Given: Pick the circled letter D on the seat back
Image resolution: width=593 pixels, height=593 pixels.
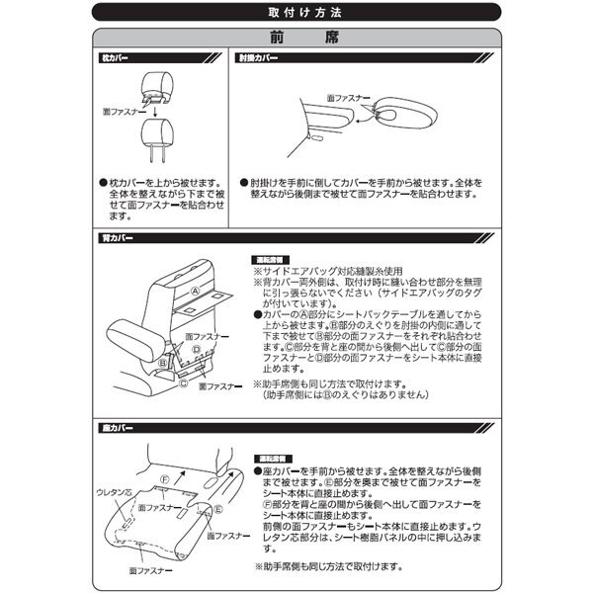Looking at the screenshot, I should click(x=196, y=349).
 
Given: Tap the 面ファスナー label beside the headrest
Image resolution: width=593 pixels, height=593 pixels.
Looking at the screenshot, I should click(x=122, y=113).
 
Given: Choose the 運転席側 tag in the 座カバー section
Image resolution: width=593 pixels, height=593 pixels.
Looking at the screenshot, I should click(x=274, y=459).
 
